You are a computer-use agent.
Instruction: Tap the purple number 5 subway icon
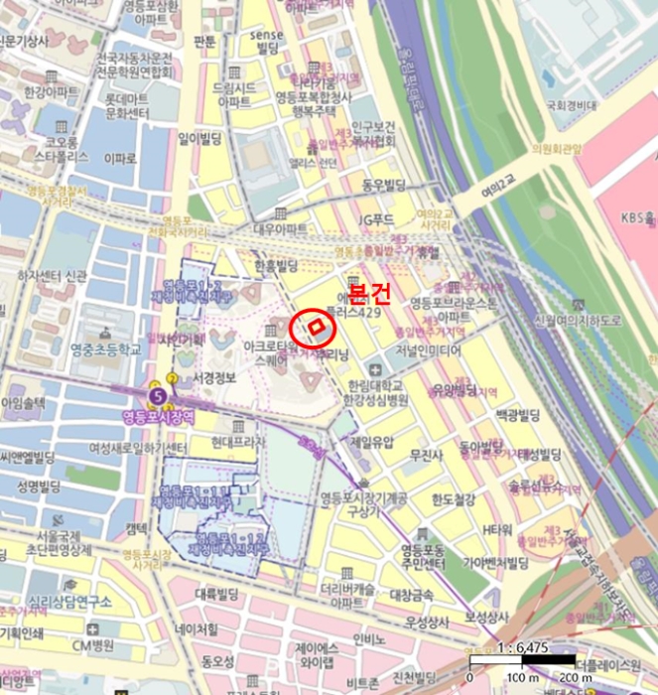click(x=156, y=397)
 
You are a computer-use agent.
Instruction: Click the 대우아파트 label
click(x=281, y=228)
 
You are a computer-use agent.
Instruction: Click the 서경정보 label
click(x=214, y=378)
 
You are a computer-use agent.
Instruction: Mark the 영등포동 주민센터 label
click(x=426, y=555)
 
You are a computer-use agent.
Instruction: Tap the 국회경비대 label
click(x=571, y=105)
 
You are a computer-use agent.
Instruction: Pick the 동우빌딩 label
click(x=384, y=185)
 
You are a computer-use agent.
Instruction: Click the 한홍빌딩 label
click(x=276, y=266)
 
